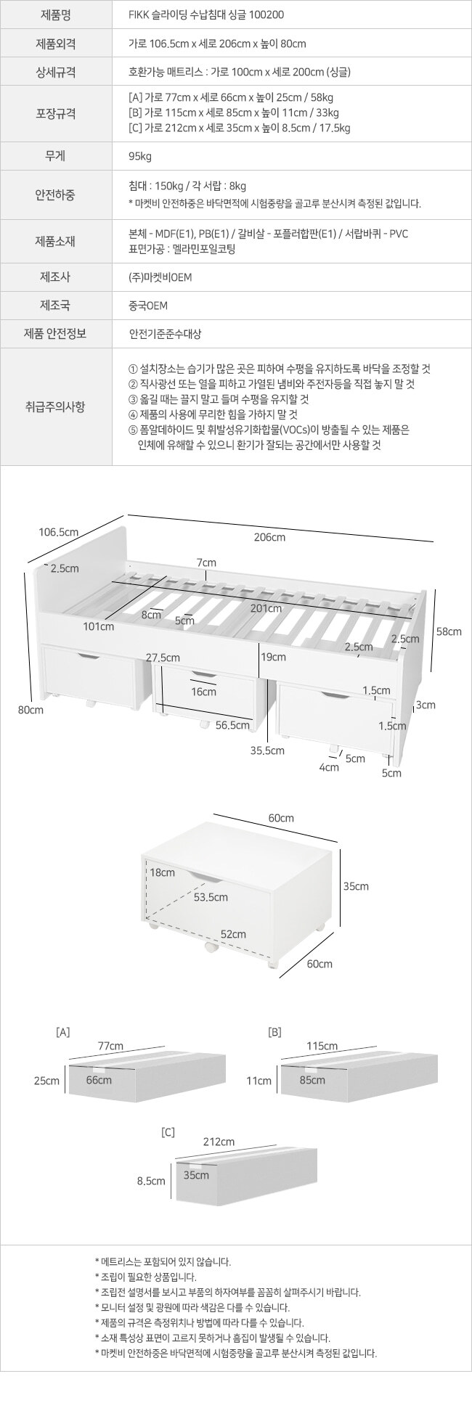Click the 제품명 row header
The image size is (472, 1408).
pyautogui.click(x=55, y=14)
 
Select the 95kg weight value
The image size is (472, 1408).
pyautogui.click(x=140, y=156)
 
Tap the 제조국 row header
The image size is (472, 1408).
pyautogui.click(x=55, y=306)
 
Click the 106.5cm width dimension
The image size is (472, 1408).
pyautogui.click(x=58, y=532)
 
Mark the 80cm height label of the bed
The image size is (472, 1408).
pyautogui.click(x=30, y=710)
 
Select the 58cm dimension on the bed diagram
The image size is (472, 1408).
pyautogui.click(x=449, y=631)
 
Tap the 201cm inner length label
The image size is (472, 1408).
pyautogui.click(x=266, y=608)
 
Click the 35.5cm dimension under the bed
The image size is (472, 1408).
pyautogui.click(x=267, y=750)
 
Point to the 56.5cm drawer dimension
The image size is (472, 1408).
pyautogui.click(x=232, y=725)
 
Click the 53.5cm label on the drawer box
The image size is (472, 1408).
pyautogui.click(x=211, y=897)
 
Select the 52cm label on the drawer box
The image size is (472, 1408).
pyautogui.click(x=233, y=934)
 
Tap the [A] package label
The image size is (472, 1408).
pyautogui.click(x=63, y=1031)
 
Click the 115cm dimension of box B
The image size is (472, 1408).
pyautogui.click(x=322, y=1046)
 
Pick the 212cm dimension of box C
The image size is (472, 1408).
pyautogui.click(x=219, y=1142)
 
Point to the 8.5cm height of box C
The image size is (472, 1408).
pyautogui.click(x=151, y=1181)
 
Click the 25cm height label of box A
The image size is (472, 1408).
pyautogui.click(x=46, y=1081)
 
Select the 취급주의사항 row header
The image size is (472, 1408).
pyautogui.click(x=55, y=406)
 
